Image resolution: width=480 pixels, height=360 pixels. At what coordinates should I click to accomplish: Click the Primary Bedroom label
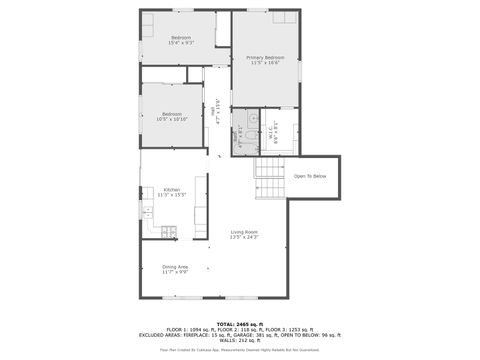click(x=265, y=57)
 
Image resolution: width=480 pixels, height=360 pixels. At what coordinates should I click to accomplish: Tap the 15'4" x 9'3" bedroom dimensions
click(x=180, y=43)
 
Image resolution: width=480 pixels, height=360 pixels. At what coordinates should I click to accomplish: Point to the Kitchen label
click(x=172, y=190)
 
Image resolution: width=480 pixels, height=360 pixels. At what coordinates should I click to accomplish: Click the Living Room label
click(x=244, y=231)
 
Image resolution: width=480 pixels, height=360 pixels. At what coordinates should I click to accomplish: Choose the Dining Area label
click(x=175, y=266)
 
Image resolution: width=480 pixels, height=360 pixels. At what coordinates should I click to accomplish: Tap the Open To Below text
click(x=310, y=177)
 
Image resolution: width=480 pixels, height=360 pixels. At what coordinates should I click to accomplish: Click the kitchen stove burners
click(x=167, y=232)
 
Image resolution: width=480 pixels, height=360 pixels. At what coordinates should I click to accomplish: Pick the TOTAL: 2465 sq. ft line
click(x=239, y=323)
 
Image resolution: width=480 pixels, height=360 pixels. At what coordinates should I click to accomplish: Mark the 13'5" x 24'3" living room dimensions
click(x=244, y=237)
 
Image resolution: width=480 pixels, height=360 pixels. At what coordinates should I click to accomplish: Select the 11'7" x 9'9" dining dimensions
click(x=175, y=272)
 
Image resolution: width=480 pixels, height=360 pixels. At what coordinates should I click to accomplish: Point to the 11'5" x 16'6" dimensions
click(x=265, y=63)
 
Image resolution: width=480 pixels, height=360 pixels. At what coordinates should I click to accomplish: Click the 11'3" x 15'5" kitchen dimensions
click(x=172, y=195)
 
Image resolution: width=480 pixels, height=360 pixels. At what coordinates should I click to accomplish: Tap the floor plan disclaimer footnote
click(x=239, y=350)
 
